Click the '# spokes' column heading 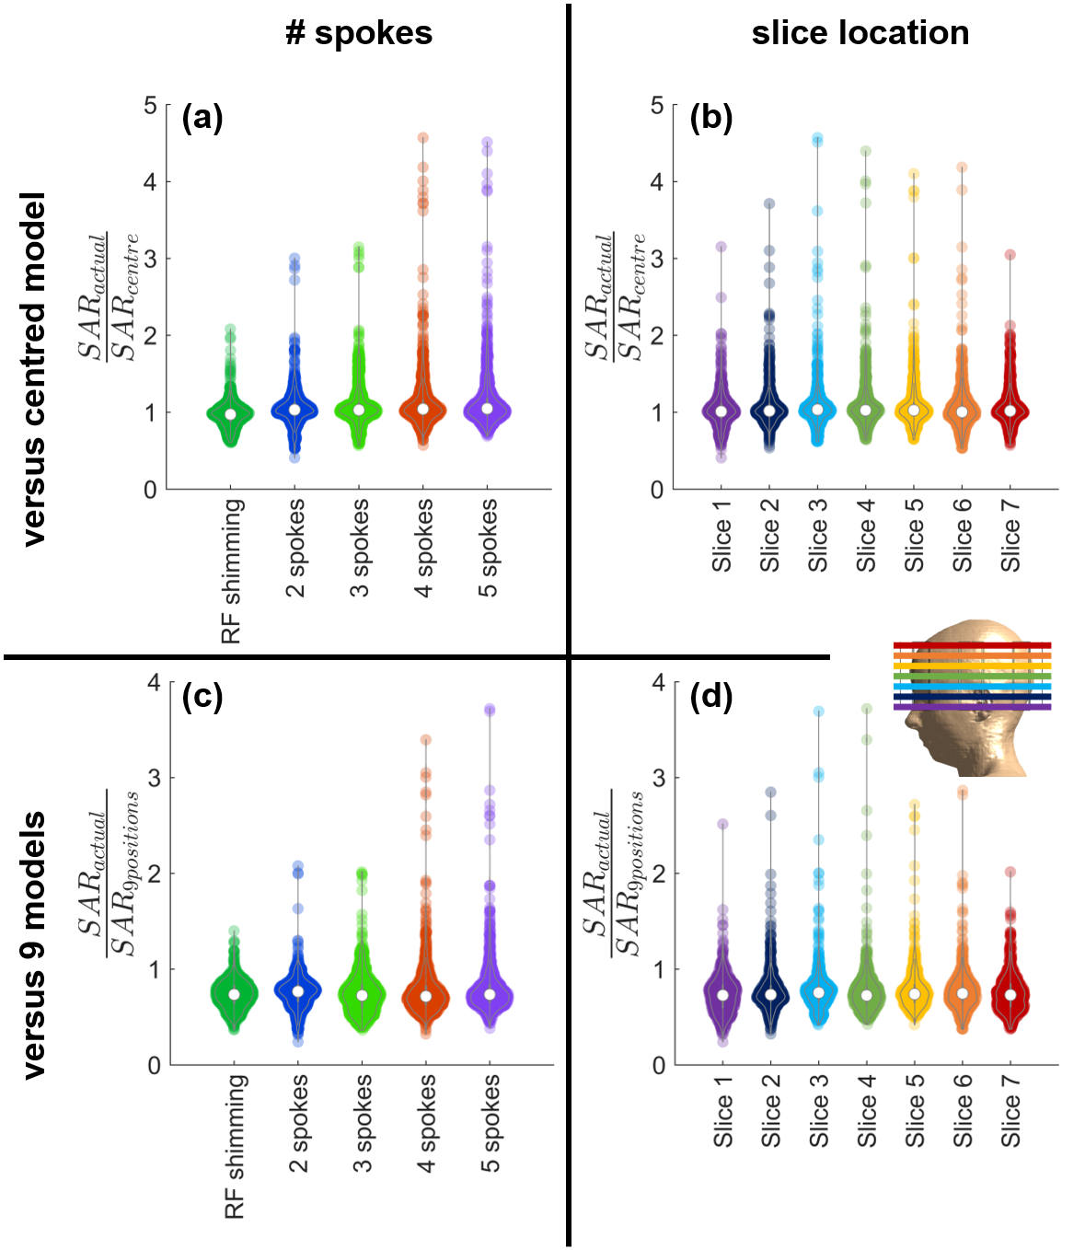[x=359, y=33]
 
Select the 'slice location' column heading [x=860, y=33]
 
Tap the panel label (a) [x=202, y=118]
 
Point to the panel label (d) [x=711, y=696]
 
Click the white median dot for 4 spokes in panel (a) [x=423, y=409]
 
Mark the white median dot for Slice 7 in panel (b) [x=1010, y=411]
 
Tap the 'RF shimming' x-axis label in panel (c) [x=235, y=1146]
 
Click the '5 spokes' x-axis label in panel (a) [x=488, y=548]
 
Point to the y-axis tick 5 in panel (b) [x=657, y=106]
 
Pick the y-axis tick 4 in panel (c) [x=153, y=682]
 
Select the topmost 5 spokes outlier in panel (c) [x=490, y=710]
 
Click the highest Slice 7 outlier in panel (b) [x=1010, y=255]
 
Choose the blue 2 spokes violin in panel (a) [x=294, y=410]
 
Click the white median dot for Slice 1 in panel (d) [x=722, y=994]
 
